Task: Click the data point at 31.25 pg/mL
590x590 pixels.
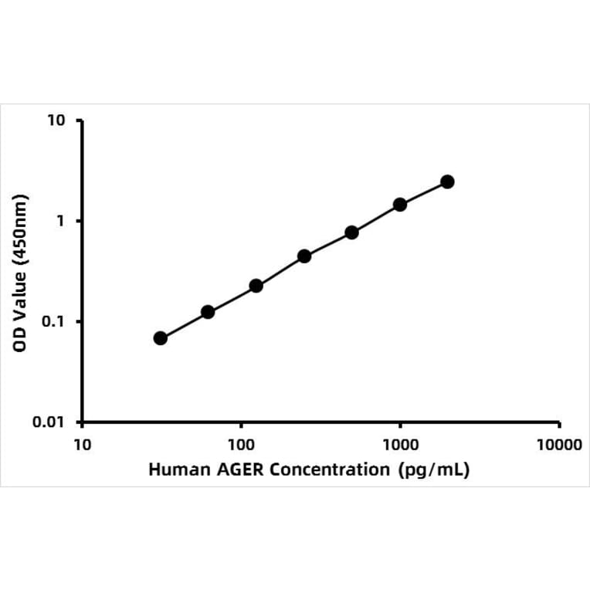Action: coord(161,338)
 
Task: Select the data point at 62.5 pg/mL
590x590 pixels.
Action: coord(208,312)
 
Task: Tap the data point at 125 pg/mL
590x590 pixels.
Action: coord(256,286)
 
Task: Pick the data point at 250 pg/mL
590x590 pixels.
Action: coord(304,256)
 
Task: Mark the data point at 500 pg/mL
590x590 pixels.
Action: coord(352,232)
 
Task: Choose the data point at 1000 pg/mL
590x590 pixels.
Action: coord(400,205)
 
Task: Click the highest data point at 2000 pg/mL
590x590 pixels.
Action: coord(447,181)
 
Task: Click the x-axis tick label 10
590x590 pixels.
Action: coord(82,446)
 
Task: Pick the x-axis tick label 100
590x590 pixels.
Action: coord(241,446)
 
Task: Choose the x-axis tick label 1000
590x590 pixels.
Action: coord(400,446)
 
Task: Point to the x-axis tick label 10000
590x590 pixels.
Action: coord(559,446)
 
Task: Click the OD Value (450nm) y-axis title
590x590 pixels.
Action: coord(21,271)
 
